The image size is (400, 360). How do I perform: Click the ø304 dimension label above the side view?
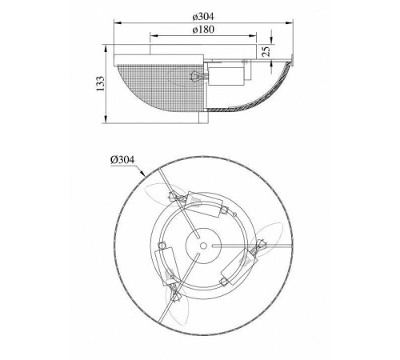click(x=203, y=17)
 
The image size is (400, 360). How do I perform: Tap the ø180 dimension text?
click(x=203, y=30)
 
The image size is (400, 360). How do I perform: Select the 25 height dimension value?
click(x=266, y=50)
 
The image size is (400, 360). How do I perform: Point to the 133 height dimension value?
click(x=100, y=83)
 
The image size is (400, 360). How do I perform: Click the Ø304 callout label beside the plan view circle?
click(x=122, y=160)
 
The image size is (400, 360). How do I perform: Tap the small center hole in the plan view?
click(x=203, y=246)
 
